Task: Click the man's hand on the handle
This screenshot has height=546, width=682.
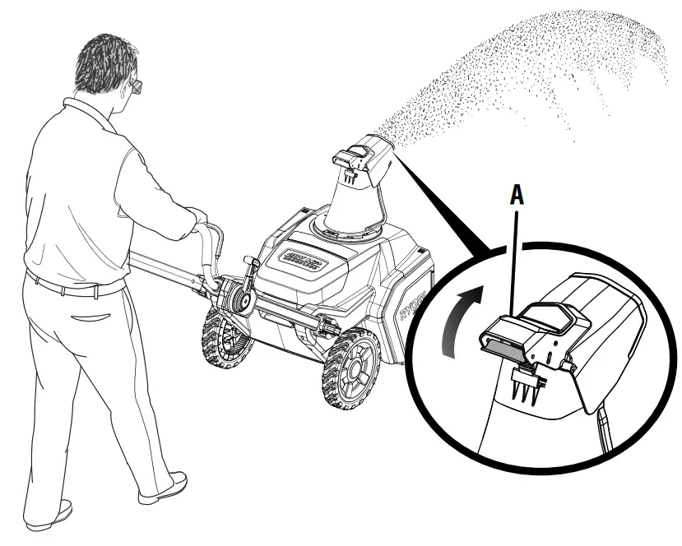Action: (x=197, y=215)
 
